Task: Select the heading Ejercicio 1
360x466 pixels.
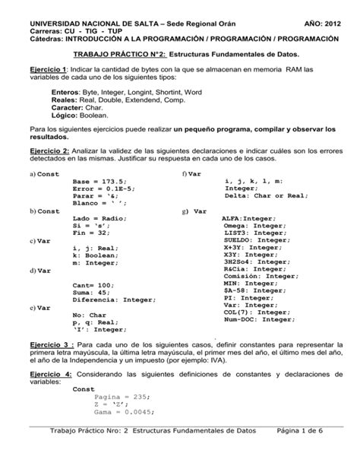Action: tap(47, 70)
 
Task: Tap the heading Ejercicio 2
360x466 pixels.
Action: tap(47, 152)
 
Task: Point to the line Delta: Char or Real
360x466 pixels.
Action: tap(265, 195)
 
